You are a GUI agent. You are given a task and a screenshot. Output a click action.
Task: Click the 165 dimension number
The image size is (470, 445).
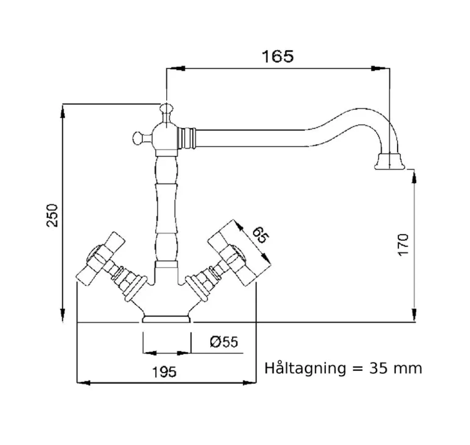(x=278, y=57)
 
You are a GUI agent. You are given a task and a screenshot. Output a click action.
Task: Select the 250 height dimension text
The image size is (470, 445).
(x=52, y=215)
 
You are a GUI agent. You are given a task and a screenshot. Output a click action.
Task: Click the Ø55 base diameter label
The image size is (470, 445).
(x=224, y=342)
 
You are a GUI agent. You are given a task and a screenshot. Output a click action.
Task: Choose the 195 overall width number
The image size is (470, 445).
(x=164, y=372)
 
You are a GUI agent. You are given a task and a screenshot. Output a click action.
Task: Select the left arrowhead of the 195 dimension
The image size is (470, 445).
(x=84, y=382)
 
